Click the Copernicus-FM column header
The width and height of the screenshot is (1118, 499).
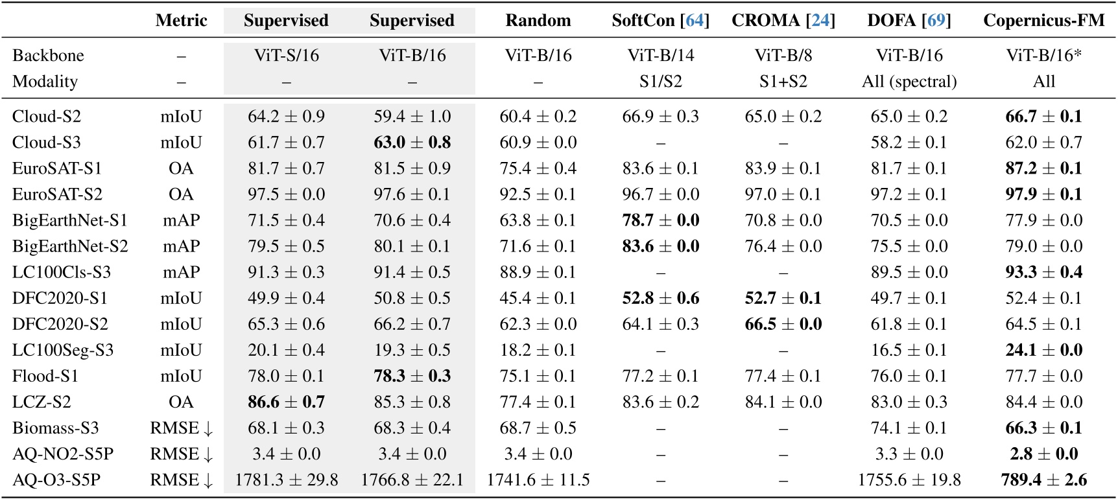[1043, 21]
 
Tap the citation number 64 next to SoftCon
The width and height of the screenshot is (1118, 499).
[695, 21]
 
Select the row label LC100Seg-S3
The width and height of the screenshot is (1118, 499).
[63, 351]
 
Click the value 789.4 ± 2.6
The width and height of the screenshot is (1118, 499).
[1043, 480]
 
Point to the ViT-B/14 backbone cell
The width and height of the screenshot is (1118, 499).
[660, 56]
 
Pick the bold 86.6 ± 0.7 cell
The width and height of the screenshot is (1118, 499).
[286, 402]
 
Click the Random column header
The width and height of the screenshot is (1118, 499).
[538, 21]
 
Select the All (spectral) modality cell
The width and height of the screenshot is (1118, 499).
[909, 82]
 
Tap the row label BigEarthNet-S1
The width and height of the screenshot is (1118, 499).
[69, 221]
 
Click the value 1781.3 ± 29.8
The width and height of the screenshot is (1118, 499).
[286, 480]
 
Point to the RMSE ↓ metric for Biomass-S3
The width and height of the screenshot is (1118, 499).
[181, 428]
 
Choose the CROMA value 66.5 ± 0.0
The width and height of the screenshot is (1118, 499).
[783, 325]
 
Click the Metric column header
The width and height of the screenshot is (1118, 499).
[181, 21]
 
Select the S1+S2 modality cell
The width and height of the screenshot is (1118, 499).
[783, 82]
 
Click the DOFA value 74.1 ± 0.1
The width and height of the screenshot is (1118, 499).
[909, 428]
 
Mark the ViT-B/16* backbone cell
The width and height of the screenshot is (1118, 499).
[1043, 56]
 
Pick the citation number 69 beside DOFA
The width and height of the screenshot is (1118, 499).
[936, 21]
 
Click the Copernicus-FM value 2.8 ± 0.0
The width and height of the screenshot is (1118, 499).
[1043, 454]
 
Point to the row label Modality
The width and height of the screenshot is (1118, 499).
[45, 82]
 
